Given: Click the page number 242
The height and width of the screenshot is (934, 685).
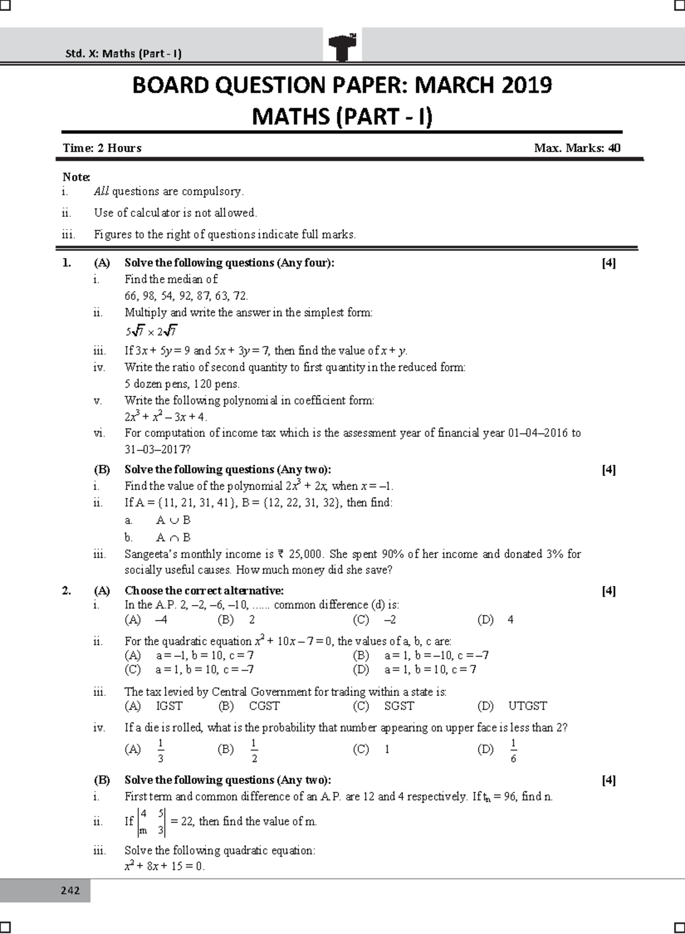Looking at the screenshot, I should (x=70, y=891).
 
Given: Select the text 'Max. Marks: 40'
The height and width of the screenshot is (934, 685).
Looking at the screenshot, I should (x=577, y=148).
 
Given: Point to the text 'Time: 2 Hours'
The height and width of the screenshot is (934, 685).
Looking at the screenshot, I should (x=102, y=148).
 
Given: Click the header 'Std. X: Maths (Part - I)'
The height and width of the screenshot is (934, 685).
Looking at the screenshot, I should (x=123, y=54).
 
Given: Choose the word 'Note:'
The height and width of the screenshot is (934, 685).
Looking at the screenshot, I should (x=76, y=177).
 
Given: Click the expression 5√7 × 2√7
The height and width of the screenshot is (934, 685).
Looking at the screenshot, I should (x=152, y=331).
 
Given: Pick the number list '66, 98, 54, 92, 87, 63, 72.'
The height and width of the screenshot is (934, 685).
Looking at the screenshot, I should (x=187, y=296).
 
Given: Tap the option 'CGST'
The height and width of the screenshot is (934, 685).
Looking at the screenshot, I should (x=264, y=706).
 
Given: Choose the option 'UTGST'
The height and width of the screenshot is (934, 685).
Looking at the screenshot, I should (x=527, y=706).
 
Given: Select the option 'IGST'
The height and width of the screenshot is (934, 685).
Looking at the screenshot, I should (x=169, y=706).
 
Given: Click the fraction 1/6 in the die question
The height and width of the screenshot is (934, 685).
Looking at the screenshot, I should (x=513, y=751).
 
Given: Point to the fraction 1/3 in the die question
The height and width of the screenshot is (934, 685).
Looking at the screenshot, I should (x=160, y=751).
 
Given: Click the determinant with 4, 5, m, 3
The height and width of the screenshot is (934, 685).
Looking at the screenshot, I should (x=152, y=822).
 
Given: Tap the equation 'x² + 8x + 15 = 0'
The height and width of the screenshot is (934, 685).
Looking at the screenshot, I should (x=164, y=867).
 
